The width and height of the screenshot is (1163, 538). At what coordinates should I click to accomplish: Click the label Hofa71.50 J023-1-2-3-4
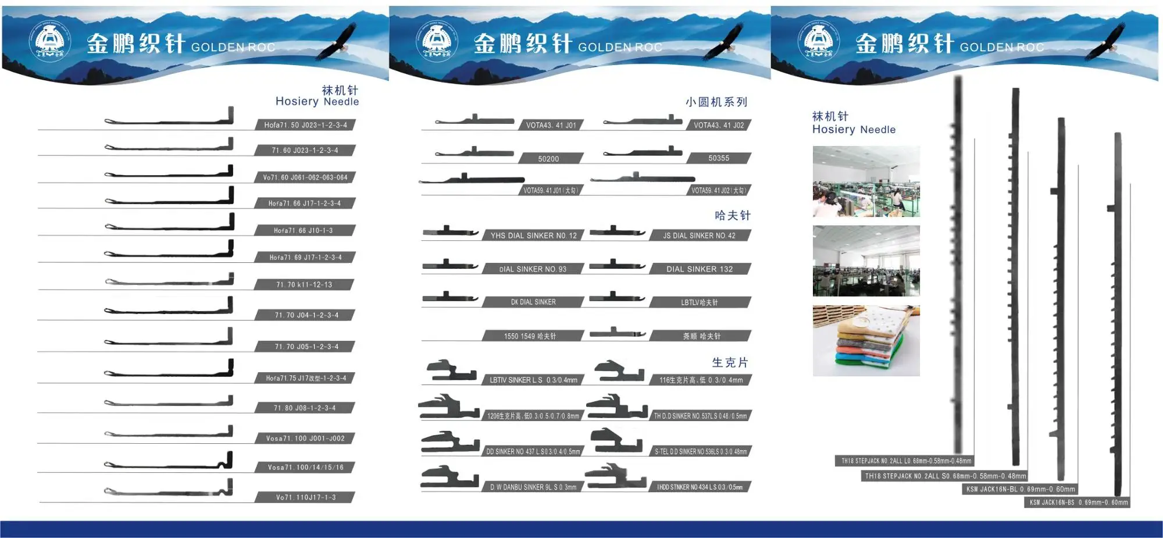pyautogui.click(x=305, y=125)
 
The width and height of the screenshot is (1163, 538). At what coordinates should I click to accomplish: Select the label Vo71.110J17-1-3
pyautogui.click(x=305, y=497)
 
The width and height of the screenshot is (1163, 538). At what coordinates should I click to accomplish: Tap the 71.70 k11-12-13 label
pyautogui.click(x=304, y=284)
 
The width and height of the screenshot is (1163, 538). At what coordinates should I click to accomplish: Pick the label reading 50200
pyautogui.click(x=548, y=158)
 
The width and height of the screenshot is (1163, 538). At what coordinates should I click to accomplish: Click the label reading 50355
pyautogui.click(x=719, y=158)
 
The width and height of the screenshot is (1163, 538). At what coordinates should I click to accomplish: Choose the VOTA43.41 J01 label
pyautogui.click(x=551, y=125)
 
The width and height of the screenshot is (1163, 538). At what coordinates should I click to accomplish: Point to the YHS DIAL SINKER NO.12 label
pyautogui.click(x=533, y=236)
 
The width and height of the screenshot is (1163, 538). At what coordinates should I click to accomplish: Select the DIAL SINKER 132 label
pyautogui.click(x=700, y=269)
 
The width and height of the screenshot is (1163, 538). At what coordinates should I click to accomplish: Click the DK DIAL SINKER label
pyautogui.click(x=533, y=302)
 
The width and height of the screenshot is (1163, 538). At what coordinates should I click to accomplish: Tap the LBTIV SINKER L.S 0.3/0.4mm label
pyautogui.click(x=533, y=380)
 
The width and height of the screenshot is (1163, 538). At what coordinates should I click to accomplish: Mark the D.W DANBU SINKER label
pyautogui.click(x=533, y=487)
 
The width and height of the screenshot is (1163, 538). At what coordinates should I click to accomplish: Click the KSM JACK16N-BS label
pyautogui.click(x=1078, y=503)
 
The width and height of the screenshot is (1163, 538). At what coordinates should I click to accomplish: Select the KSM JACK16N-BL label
pyautogui.click(x=1021, y=489)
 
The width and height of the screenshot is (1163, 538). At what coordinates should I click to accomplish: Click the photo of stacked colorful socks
pyautogui.click(x=866, y=341)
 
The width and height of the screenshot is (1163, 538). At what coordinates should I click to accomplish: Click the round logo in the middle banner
pyautogui.click(x=437, y=41)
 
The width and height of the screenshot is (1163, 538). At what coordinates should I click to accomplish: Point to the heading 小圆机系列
pyautogui.click(x=716, y=102)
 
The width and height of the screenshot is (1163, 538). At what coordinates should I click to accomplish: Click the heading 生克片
pyautogui.click(x=730, y=363)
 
